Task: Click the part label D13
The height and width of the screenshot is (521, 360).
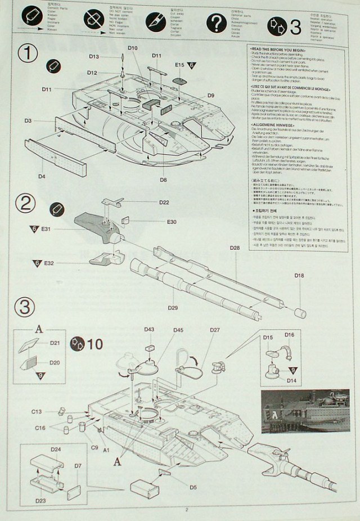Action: point(93,57)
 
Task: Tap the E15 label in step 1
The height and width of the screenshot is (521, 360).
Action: point(179,65)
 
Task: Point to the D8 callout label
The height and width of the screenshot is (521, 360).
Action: point(163,179)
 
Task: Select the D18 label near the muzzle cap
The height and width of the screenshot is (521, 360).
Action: point(298,275)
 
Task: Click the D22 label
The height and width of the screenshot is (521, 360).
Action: point(164,202)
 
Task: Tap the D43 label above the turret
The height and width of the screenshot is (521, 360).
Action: point(149,329)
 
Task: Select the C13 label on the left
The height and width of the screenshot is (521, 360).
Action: point(37,412)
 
